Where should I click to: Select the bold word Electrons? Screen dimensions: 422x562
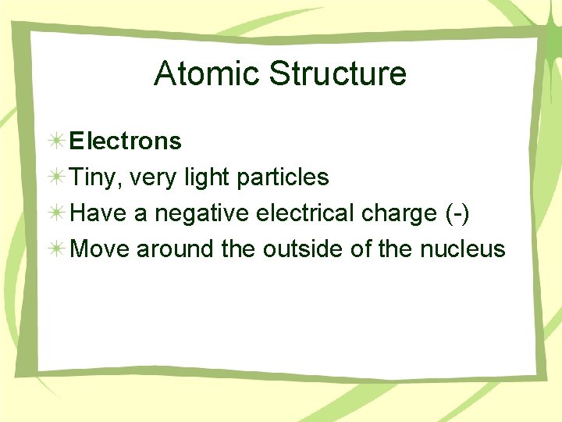click(125, 141)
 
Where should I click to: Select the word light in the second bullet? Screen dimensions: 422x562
click(205, 178)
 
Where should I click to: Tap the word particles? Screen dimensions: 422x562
click(282, 178)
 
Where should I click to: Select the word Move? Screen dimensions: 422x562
click(100, 249)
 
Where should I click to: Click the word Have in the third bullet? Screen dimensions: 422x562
click(99, 213)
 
